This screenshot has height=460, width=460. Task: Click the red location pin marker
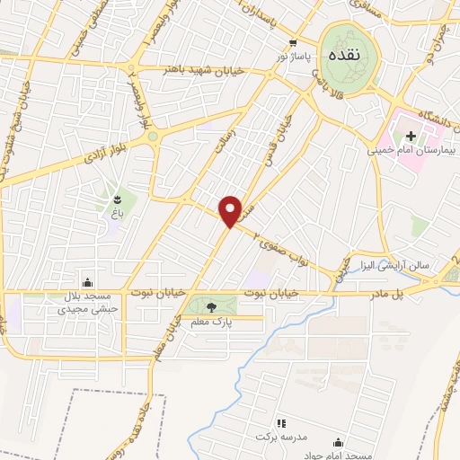click(231, 210)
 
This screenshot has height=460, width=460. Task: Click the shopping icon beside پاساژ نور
click(293, 42)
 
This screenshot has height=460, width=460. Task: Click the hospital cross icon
click(411, 137)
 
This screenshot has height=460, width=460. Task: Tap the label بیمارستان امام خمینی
click(411, 150)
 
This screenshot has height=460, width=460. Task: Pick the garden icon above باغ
click(119, 197)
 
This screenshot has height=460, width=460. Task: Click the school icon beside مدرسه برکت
click(280, 422)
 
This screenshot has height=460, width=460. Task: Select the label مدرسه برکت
click(298, 436)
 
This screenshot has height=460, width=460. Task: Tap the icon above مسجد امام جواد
click(338, 442)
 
